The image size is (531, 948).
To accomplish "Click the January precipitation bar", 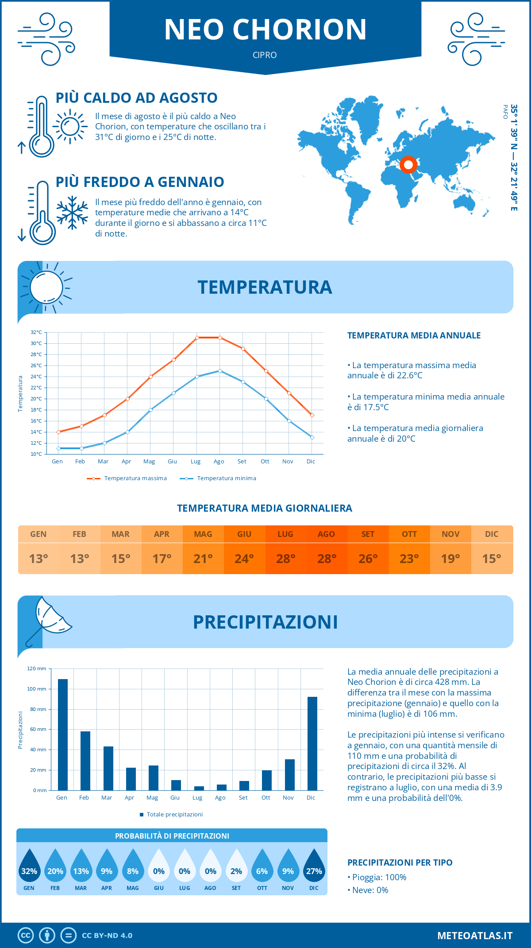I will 63,734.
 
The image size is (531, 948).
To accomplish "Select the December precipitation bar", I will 312,743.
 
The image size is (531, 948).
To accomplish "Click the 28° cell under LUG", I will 285,559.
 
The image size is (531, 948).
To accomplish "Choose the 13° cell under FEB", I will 80,559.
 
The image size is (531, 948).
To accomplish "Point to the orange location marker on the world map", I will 408,165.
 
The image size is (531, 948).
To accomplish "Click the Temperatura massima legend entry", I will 127,478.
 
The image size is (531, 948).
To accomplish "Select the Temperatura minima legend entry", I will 219,478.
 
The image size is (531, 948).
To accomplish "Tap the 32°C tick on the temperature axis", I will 36,332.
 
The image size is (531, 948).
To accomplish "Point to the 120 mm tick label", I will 37,668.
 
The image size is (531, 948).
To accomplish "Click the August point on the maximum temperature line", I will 220,338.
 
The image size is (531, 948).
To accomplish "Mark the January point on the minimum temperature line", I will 58,448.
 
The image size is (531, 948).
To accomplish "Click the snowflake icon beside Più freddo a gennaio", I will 72,213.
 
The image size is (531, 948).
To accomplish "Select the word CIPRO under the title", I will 265,55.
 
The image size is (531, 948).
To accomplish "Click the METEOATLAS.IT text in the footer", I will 475,936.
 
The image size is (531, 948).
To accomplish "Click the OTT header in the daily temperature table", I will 409,534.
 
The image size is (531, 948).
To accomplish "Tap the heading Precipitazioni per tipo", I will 400,863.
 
